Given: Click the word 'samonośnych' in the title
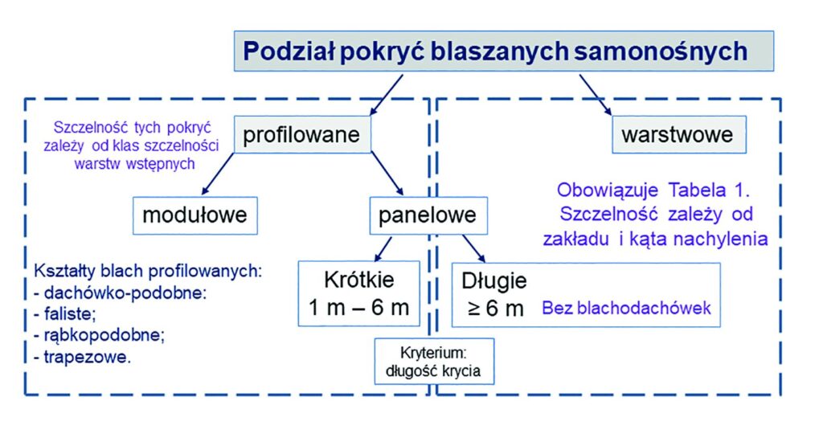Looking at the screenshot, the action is click(661, 51).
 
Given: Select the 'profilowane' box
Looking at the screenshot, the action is click(302, 135).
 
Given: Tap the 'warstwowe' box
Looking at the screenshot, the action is click(679, 135).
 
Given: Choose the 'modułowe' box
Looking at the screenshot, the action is click(195, 215).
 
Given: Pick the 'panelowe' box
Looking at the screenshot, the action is click(428, 215).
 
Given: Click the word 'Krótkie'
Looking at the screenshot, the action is click(359, 280).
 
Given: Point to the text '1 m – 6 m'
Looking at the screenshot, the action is click(359, 308).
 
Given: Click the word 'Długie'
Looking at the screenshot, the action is click(494, 281).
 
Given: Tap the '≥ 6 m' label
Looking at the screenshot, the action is click(496, 309).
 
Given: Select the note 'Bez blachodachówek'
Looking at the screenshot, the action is click(626, 308).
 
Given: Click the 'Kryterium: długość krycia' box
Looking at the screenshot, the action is click(434, 361).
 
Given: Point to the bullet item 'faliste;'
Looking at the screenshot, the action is click(65, 314).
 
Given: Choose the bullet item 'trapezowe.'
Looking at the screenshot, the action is click(83, 358).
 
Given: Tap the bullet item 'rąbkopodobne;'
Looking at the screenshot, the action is click(99, 335).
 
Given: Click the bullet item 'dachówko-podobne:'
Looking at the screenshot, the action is click(121, 293).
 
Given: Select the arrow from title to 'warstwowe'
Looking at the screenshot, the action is click(596, 95).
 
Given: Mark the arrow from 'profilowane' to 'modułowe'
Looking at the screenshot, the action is click(218, 174).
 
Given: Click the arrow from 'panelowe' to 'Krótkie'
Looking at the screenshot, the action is click(383, 249).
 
